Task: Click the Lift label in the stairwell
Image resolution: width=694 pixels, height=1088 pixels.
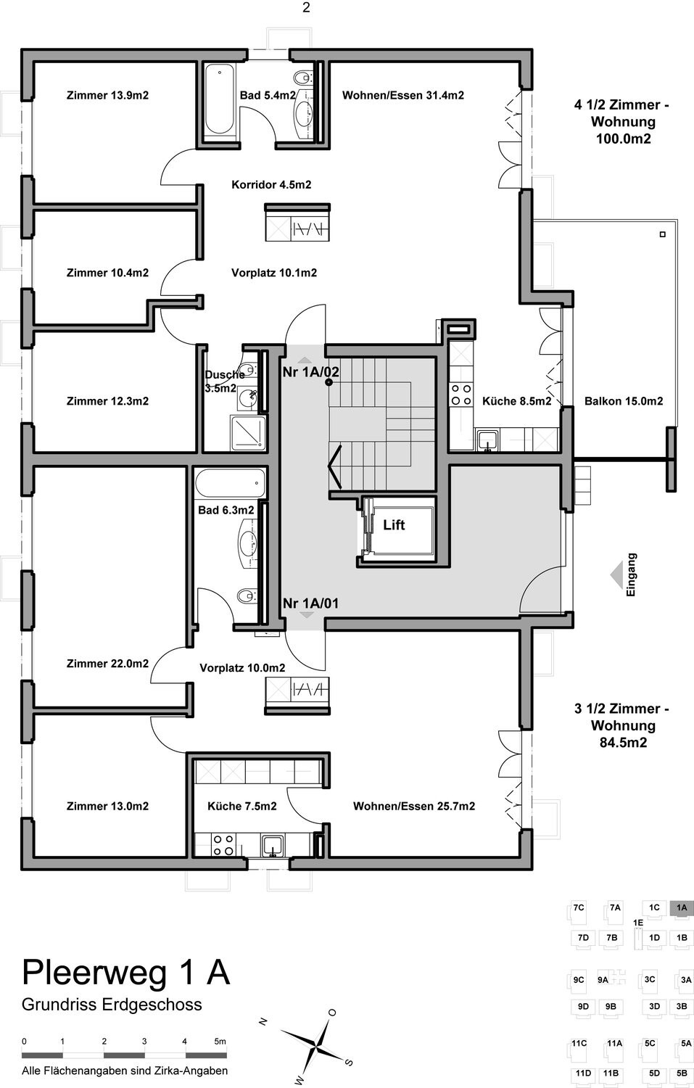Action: click(394, 525)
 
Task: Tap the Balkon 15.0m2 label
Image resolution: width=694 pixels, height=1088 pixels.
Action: click(624, 401)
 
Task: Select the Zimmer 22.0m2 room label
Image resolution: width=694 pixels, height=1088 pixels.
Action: click(107, 664)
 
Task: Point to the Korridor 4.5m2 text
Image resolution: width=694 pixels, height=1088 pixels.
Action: click(271, 185)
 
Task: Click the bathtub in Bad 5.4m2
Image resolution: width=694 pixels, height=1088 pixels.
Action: click(219, 102)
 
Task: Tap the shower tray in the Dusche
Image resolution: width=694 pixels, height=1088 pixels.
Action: click(248, 433)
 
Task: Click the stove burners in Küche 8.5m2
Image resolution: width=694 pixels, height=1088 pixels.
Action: click(461, 395)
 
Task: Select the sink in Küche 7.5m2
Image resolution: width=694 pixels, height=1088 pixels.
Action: click(273, 845)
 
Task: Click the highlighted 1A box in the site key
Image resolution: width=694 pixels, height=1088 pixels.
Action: click(682, 907)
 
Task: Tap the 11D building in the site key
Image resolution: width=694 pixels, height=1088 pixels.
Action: click(583, 1073)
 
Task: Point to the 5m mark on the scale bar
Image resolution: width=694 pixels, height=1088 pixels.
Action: click(221, 1042)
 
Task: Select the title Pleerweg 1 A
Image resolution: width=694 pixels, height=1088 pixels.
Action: click(126, 972)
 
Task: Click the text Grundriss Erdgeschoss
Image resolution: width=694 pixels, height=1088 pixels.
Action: click(112, 1005)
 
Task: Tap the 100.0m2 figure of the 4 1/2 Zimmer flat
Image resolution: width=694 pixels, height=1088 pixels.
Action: click(623, 139)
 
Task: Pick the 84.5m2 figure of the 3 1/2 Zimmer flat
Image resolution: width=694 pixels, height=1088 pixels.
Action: click(623, 743)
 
